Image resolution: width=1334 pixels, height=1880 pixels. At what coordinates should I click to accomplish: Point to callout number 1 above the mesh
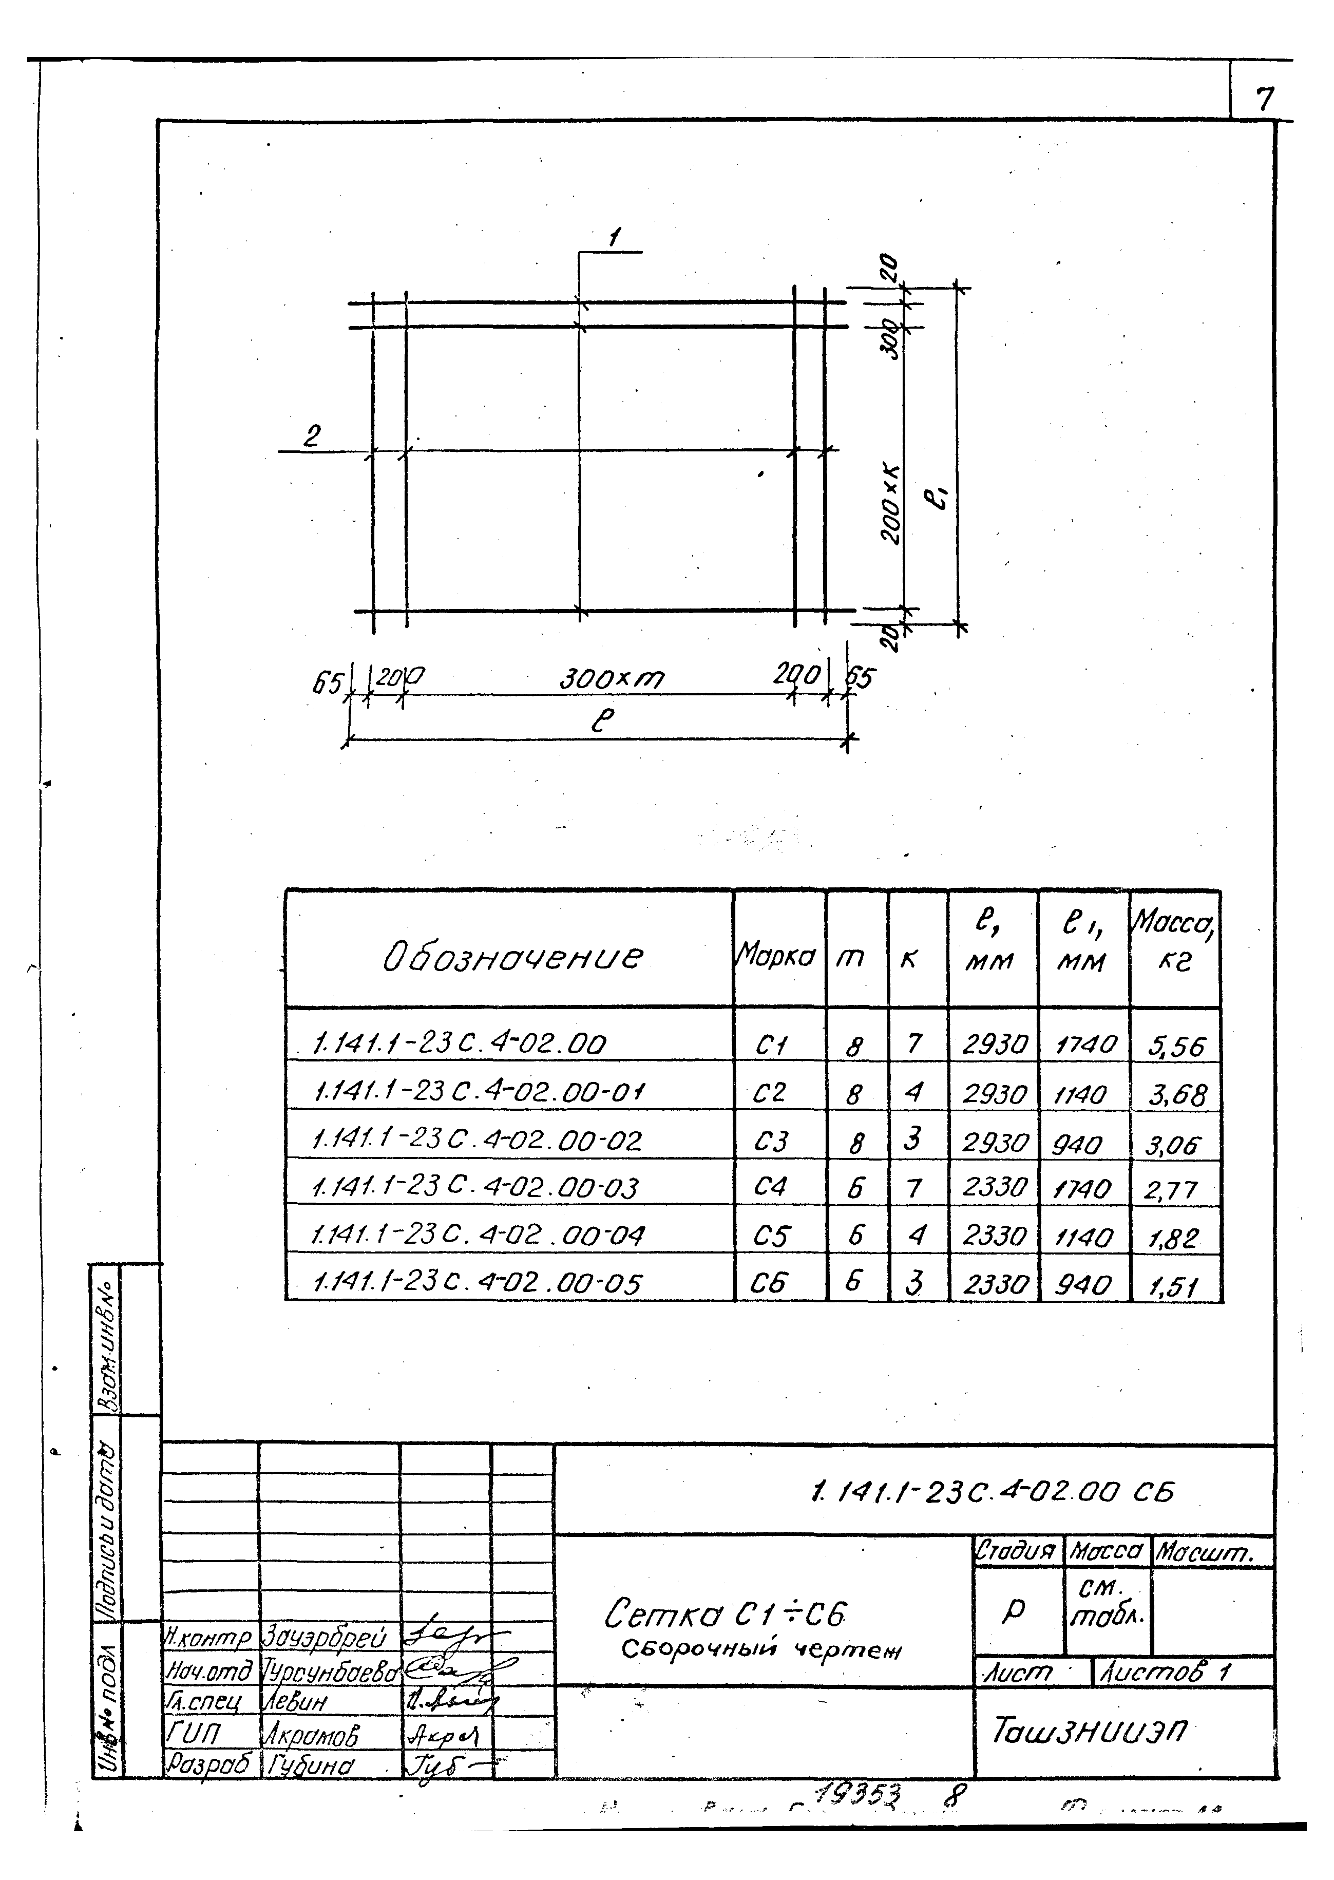pyautogui.click(x=614, y=239)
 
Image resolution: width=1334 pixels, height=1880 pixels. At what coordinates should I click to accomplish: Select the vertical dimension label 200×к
pyautogui.click(x=892, y=503)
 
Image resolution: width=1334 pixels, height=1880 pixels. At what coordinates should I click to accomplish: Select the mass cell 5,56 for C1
pyautogui.click(x=1176, y=1046)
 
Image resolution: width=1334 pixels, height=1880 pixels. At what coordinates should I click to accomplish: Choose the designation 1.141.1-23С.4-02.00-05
pyautogui.click(x=477, y=1282)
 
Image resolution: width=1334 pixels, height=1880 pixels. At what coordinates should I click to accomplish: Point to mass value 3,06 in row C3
pyautogui.click(x=1173, y=1144)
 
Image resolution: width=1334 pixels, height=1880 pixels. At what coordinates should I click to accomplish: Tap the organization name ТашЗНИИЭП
pyautogui.click(x=1089, y=1732)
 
